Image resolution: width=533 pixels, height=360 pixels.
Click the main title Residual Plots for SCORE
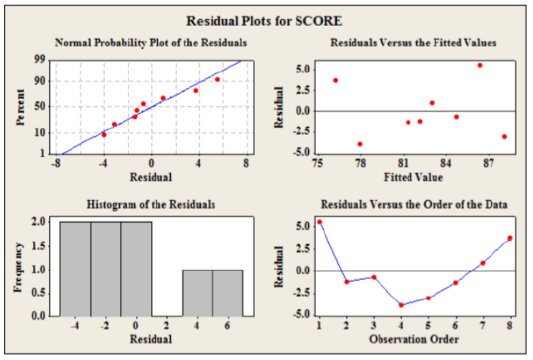tap(264, 21)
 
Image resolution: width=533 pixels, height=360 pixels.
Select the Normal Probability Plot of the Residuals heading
tap(151, 43)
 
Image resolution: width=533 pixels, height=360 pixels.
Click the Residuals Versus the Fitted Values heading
tap(413, 43)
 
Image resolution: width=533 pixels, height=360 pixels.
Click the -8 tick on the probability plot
tap(56, 163)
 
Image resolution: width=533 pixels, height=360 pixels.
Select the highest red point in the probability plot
tap(218, 80)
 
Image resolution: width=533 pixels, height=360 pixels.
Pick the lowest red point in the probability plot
tap(104, 135)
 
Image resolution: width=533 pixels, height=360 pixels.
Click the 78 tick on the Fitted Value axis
tap(360, 163)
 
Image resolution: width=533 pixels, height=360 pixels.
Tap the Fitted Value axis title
tap(413, 177)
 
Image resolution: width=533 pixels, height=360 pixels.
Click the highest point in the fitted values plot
tap(480, 65)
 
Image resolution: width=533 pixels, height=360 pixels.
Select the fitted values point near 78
tap(360, 144)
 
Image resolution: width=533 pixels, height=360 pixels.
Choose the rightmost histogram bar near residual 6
tap(227, 293)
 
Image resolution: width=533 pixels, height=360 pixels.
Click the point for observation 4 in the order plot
tap(401, 305)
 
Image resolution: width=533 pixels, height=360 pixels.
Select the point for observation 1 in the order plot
tap(319, 222)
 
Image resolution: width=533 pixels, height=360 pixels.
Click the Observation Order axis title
tap(413, 339)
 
